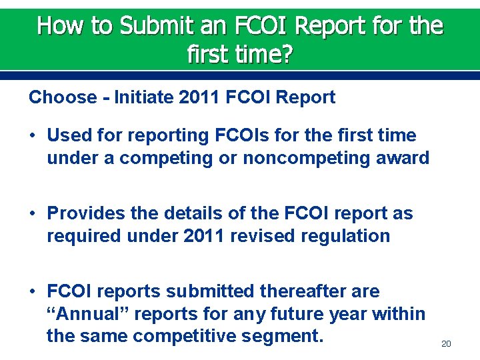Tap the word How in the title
pos(55,25)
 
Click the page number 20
pos(446,343)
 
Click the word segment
pos(285,337)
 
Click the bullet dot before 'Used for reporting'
pos(32,136)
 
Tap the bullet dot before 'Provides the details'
pos(32,214)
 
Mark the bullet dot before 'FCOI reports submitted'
pos(32,292)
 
